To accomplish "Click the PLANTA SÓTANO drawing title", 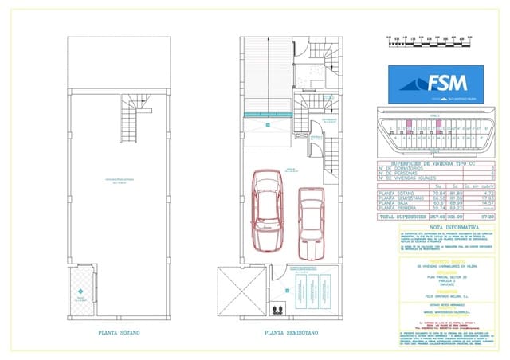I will click(120, 334).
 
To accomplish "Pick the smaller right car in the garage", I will click(310, 224).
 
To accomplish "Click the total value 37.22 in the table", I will click(488, 215).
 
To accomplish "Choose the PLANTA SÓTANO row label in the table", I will click(398, 192).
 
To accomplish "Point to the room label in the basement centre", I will click(120, 182).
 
